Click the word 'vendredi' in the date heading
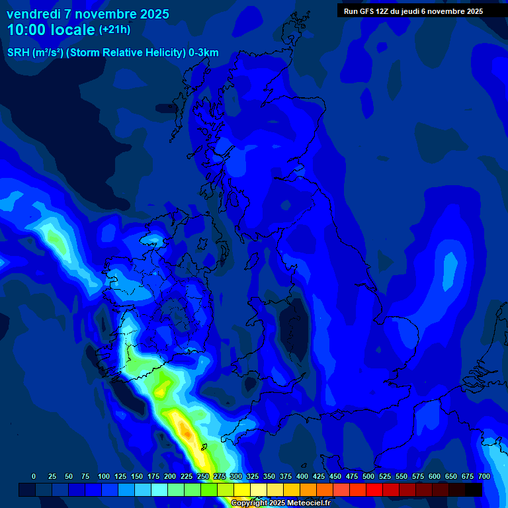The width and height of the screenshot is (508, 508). [x=34, y=14]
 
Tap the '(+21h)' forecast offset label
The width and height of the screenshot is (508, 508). [x=114, y=29]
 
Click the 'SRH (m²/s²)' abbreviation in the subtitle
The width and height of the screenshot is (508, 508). [x=35, y=53]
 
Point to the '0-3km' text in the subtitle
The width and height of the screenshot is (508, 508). [x=204, y=53]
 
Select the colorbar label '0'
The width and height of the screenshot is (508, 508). [x=34, y=476]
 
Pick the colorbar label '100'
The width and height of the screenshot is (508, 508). [x=104, y=476]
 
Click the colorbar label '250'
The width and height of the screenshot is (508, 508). [x=203, y=476]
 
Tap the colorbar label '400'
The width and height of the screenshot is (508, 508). [x=302, y=476]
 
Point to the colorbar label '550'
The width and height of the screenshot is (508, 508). [x=402, y=476]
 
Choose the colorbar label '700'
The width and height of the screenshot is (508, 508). [x=484, y=476]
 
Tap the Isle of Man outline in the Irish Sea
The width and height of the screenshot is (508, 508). [x=254, y=260]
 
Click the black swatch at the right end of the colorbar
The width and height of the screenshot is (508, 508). [x=474, y=490]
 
